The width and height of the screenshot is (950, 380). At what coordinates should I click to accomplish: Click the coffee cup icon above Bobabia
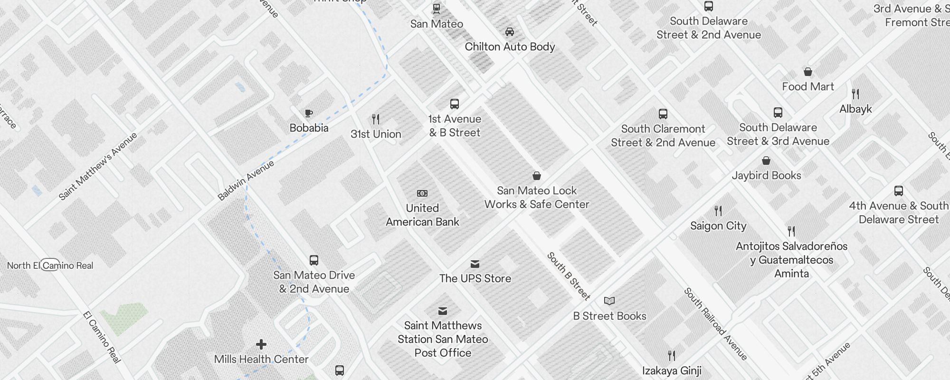coord(309,113)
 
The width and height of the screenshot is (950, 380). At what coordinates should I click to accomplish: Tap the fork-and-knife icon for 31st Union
coord(376,119)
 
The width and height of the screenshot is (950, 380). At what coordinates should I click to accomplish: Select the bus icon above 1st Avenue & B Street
coord(455,104)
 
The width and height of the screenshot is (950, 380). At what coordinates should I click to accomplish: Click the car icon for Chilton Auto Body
coord(510,32)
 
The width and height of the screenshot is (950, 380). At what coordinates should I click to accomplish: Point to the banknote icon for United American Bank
coord(422,193)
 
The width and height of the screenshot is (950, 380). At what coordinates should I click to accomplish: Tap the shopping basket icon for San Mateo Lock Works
coord(537,176)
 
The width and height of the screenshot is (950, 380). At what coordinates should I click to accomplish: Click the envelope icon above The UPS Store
coord(475,264)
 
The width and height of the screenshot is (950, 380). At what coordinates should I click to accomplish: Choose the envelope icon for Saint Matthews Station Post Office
coord(443,311)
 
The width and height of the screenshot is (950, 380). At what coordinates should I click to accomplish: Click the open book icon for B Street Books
coord(609,301)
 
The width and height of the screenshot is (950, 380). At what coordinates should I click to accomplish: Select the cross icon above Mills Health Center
coord(261,344)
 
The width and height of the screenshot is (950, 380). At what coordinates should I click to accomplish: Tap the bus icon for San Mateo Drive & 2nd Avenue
coord(314,260)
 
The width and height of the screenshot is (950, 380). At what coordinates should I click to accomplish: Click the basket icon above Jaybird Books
coord(766,161)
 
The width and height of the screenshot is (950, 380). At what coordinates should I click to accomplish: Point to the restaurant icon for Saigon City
coord(718,211)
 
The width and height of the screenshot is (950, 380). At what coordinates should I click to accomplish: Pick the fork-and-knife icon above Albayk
coord(855,94)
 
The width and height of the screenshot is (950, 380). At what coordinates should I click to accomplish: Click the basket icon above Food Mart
coord(808,72)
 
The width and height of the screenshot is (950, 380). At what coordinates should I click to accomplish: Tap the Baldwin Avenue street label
coord(246,180)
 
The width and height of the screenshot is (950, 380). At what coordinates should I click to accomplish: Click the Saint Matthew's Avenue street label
coord(98,166)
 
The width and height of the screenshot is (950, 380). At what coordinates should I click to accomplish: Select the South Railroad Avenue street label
coord(715,324)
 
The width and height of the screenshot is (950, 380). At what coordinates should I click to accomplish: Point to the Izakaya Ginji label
coord(672,370)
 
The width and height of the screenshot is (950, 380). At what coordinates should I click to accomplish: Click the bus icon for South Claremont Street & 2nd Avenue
coord(663,114)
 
